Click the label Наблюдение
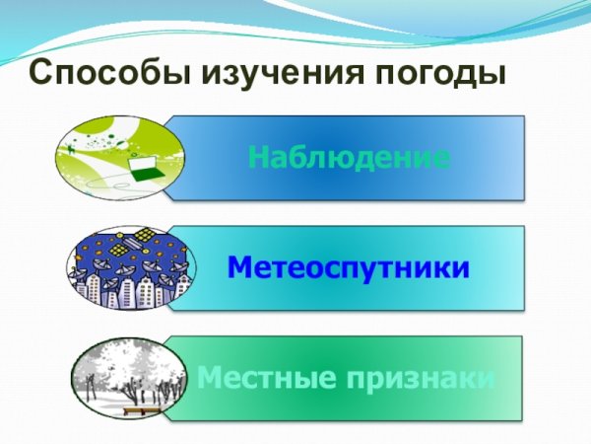350,157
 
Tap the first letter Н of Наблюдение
258,157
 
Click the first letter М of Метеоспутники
239,267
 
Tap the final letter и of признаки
487,378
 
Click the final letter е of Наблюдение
443,157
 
